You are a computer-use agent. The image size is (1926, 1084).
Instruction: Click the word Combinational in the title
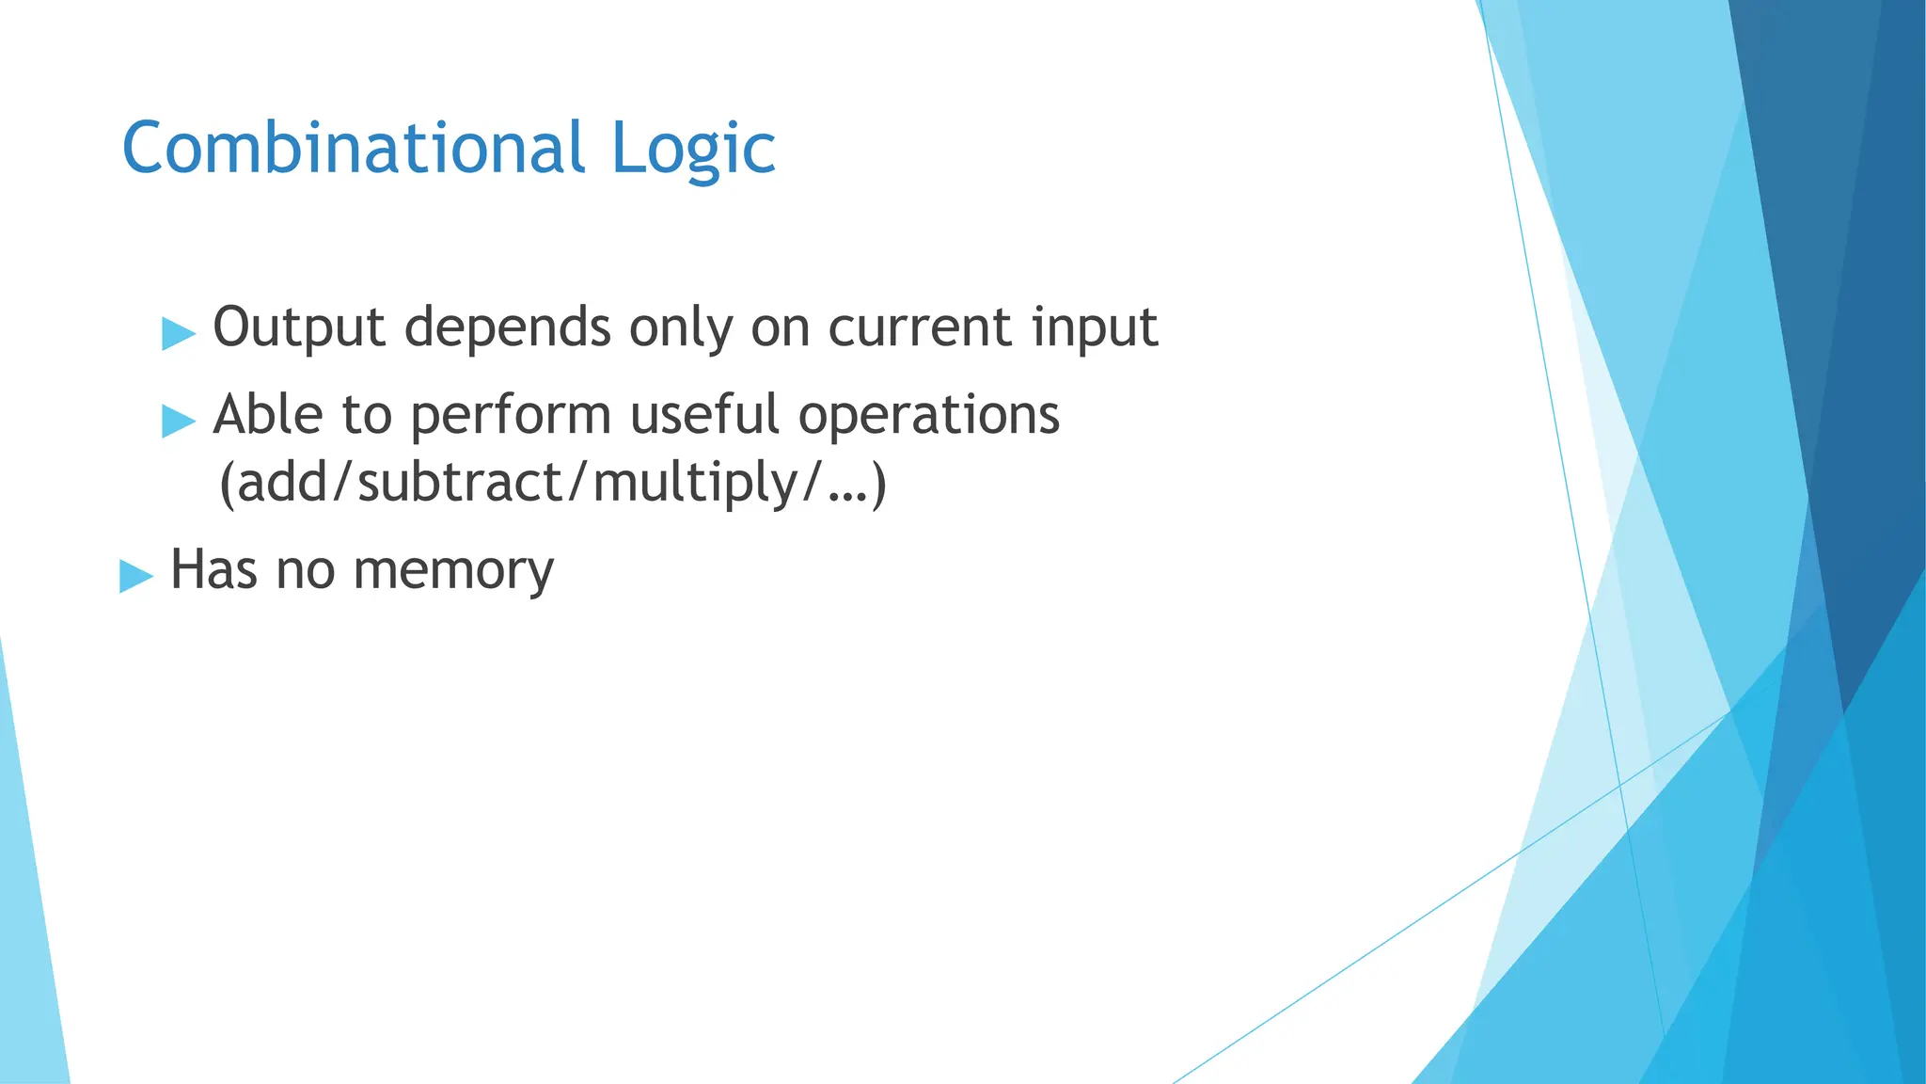(354, 149)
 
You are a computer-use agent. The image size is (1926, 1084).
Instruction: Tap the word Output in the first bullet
(299, 327)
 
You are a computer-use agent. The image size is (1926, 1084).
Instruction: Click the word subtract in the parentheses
(460, 484)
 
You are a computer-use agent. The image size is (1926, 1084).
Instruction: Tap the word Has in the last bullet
(213, 570)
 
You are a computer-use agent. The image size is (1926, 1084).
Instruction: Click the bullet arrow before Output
(178, 333)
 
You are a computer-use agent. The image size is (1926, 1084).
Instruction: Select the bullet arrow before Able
(178, 420)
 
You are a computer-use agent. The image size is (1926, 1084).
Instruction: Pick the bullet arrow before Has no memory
(135, 575)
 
